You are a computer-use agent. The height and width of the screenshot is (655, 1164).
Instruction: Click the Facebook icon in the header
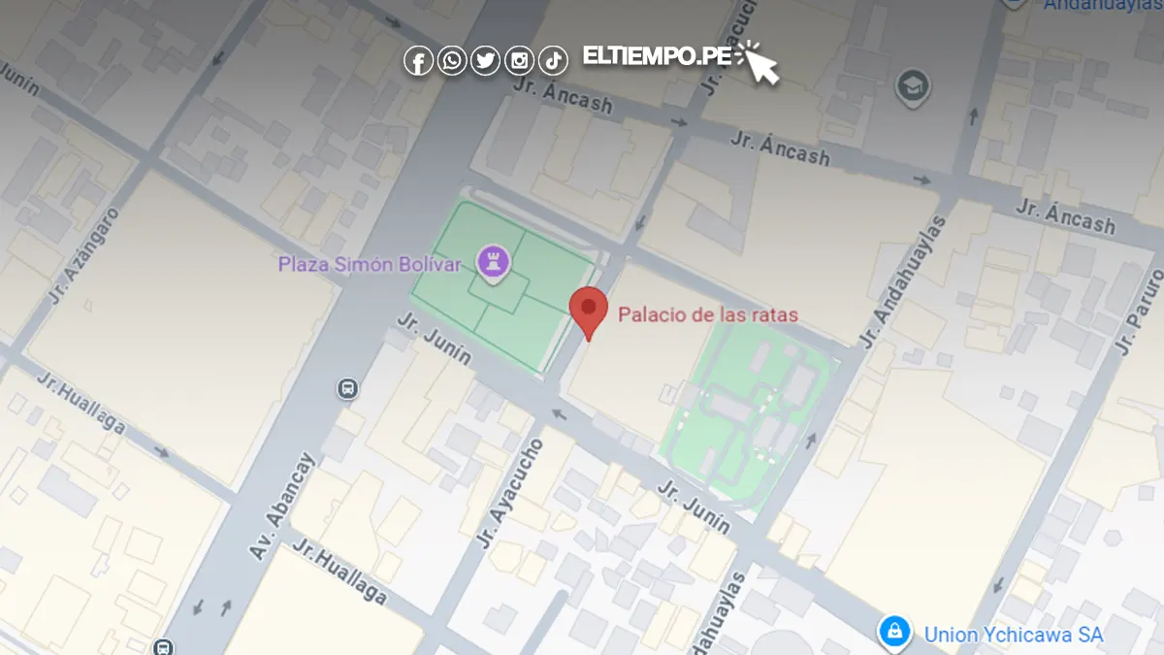click(x=418, y=61)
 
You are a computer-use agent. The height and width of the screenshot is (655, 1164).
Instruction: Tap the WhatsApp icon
click(x=452, y=61)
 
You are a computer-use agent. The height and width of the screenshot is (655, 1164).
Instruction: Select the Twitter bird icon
click(x=486, y=61)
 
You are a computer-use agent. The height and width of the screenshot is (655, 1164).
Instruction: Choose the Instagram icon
click(x=520, y=61)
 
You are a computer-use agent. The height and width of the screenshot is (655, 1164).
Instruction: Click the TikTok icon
click(x=553, y=61)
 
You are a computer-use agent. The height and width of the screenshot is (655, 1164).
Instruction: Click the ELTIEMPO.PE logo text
click(x=657, y=56)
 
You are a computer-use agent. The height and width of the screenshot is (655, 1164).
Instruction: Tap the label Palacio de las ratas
click(x=708, y=314)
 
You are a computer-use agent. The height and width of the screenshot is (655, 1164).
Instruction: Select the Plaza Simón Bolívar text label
click(x=370, y=264)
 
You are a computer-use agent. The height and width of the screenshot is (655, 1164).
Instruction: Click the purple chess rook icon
click(x=494, y=260)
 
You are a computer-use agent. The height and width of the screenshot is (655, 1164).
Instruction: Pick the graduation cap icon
click(x=912, y=86)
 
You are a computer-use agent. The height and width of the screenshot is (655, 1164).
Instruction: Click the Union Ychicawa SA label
click(x=1014, y=635)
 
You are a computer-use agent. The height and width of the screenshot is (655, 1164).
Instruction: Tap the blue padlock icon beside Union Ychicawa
click(x=893, y=632)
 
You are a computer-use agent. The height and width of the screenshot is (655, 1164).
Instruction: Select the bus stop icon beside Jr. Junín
click(x=347, y=389)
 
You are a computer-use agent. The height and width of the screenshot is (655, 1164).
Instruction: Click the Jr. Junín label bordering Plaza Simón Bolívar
click(x=435, y=339)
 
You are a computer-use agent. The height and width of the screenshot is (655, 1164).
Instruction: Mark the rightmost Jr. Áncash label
click(x=1066, y=216)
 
